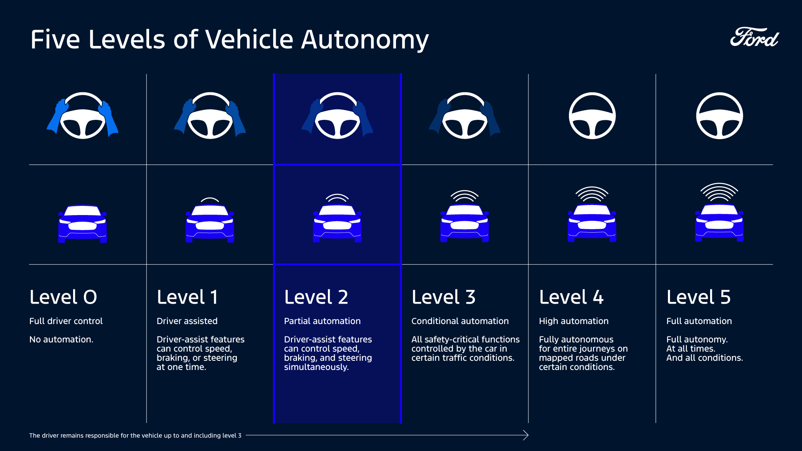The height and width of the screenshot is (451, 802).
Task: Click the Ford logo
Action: [x=754, y=37]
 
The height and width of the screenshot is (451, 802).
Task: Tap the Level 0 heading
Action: [x=63, y=297]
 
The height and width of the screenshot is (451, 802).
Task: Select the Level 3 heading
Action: [x=443, y=297]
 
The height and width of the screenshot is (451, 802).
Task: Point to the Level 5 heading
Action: [x=698, y=297]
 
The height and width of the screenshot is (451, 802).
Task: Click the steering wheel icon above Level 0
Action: [x=83, y=116]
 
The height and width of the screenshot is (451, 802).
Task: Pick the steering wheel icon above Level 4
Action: [x=592, y=116]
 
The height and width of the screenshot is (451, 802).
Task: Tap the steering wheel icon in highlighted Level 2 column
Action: [x=337, y=116]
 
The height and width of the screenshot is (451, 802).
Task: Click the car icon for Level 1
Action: [x=210, y=223]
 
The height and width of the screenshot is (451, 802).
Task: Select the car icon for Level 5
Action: [x=719, y=223]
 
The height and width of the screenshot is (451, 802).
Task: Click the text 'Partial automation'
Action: [x=322, y=321]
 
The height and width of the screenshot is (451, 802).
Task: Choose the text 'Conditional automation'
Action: [x=460, y=321]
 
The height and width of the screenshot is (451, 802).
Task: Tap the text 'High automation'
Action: [x=574, y=321]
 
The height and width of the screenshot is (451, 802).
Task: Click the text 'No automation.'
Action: [x=61, y=340]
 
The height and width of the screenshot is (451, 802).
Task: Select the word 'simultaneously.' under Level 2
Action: [x=316, y=367]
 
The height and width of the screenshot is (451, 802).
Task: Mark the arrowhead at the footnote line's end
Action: [x=526, y=435]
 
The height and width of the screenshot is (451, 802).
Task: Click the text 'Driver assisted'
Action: [x=187, y=321]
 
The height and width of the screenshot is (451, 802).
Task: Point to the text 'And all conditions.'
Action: [x=704, y=358]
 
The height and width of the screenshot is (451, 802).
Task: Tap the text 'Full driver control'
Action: [x=66, y=321]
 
